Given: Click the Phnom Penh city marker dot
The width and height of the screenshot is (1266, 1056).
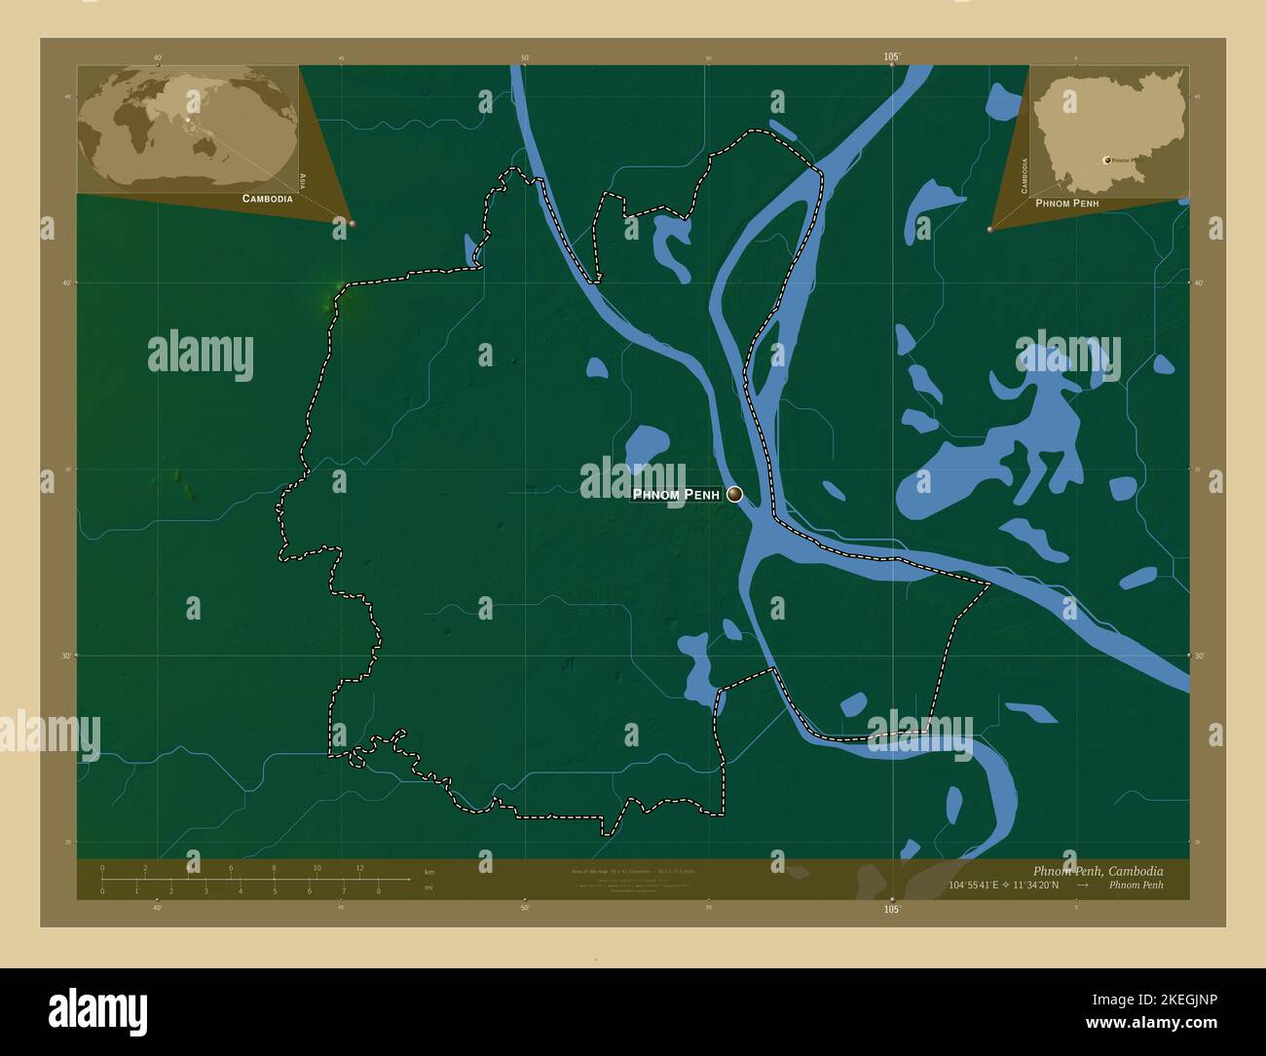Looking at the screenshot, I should (x=734, y=494).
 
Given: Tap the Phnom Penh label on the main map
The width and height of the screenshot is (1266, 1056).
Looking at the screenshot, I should (x=676, y=495).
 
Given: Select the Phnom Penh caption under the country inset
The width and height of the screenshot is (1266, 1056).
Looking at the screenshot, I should (x=1067, y=204).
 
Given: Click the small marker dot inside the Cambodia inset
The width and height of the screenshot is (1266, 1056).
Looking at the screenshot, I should (x=1106, y=160).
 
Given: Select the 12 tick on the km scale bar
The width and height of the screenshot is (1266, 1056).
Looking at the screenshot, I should (x=359, y=868).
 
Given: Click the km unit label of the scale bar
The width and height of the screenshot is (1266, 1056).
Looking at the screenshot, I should (x=429, y=872).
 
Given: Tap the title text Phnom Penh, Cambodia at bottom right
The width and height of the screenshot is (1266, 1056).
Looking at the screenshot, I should (x=1097, y=871).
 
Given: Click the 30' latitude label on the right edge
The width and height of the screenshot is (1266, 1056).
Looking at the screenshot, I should (x=1199, y=656).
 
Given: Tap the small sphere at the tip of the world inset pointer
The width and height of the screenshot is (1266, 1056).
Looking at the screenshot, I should (x=352, y=223).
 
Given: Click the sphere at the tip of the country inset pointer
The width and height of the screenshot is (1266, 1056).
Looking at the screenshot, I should (x=990, y=230).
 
